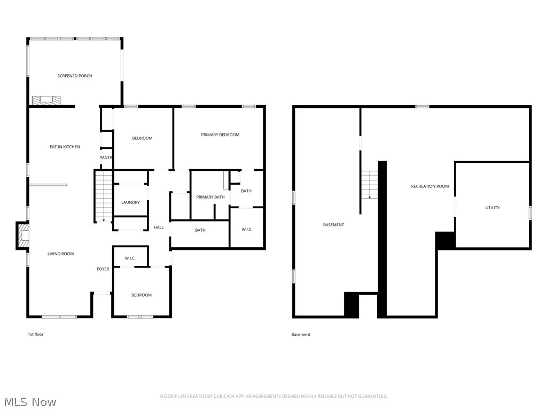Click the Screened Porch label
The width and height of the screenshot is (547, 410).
pos(75,76)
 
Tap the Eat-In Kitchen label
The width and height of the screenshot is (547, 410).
pos(65,147)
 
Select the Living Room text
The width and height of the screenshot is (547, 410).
pos(60,254)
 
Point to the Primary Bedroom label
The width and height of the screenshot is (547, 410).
pos(220,135)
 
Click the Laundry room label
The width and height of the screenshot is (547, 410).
pos(130,202)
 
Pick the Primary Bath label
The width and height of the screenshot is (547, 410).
pos(210,197)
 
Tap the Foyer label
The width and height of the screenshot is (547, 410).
pos(103,269)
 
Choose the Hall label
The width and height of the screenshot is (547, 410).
pos(159,227)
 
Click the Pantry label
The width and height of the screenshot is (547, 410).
pos(106,157)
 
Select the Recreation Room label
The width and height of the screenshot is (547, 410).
pos(429,186)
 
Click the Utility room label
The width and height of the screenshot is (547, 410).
pos(493,208)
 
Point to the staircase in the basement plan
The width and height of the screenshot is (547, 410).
pos(369,185)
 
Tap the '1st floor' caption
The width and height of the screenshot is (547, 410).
pos(36,334)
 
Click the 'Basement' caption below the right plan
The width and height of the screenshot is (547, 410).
pos(301,334)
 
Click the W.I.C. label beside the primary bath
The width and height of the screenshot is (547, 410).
pos(247,230)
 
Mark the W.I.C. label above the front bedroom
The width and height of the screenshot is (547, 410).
pos(130,258)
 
